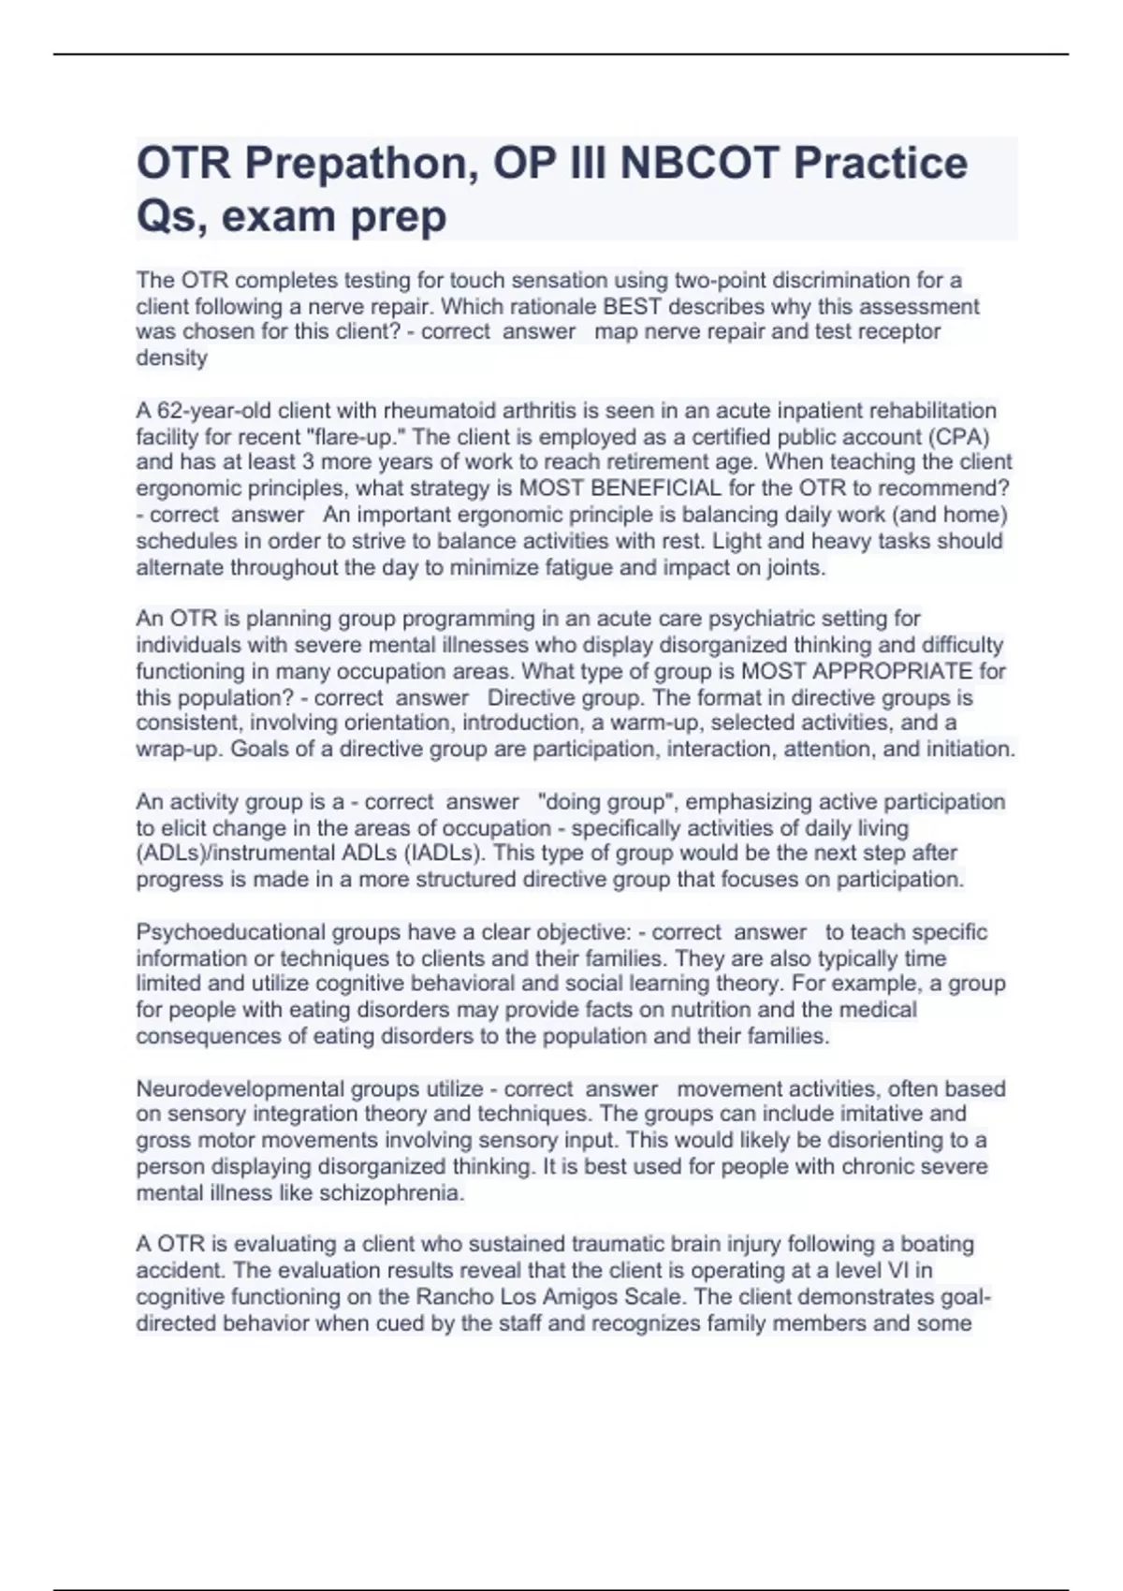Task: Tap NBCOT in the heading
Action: pos(699,165)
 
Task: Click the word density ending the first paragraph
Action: pos(171,358)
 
